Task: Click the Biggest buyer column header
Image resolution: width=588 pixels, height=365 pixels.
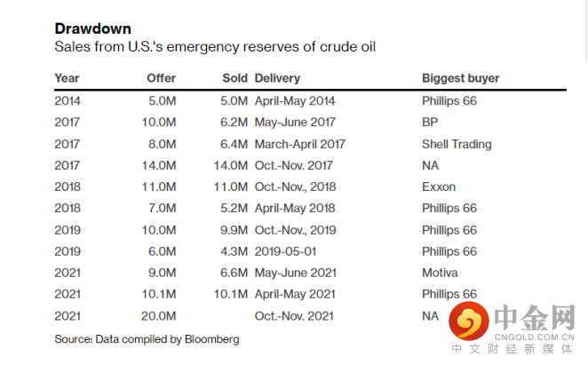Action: pos(460,78)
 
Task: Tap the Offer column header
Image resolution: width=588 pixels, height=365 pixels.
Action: pos(162,78)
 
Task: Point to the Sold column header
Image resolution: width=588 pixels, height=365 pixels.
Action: pos(234,78)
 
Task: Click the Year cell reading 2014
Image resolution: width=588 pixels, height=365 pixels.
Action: pos(68,101)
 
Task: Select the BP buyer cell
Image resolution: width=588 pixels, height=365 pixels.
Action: pos(431,123)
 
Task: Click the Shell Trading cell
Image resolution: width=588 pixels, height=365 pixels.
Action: pos(457,144)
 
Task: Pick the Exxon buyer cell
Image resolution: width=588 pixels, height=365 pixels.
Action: pos(439,187)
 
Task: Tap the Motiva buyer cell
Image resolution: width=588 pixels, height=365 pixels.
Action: pos(441,273)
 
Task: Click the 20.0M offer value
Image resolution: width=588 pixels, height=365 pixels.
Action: pos(157,315)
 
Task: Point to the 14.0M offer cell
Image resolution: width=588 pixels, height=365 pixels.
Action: pos(157,165)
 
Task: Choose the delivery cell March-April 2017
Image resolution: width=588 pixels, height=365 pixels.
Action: pos(300,144)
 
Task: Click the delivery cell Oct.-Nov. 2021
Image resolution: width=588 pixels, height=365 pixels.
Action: pos(295,315)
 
